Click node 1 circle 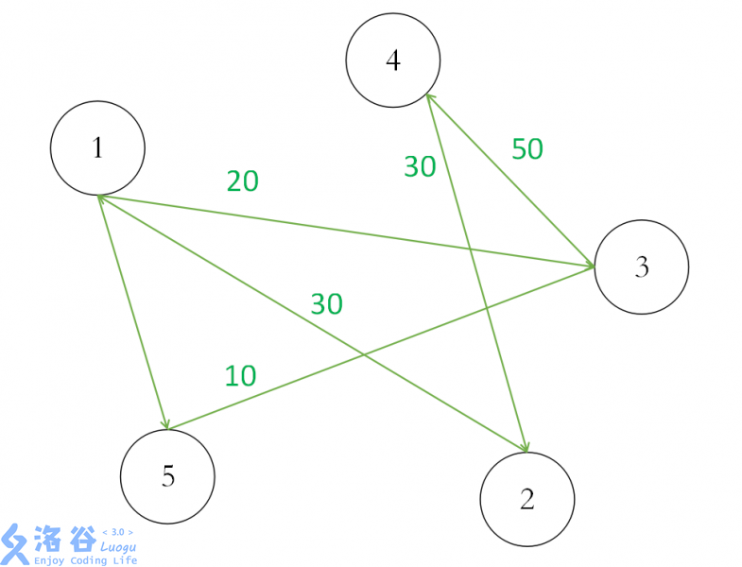point(97,148)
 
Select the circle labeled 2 point(527,499)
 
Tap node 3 point(641,266)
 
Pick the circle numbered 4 point(393,61)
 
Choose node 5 point(168,476)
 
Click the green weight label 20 point(243,181)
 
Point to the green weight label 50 point(527,149)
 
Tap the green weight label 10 point(241,376)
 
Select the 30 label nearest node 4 point(420,166)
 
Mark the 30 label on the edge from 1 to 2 point(327,304)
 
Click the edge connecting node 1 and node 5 point(132,312)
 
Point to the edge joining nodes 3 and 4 point(510,180)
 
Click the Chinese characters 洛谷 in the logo point(64,540)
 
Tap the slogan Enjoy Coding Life point(86,560)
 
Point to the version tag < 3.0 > point(117,532)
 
